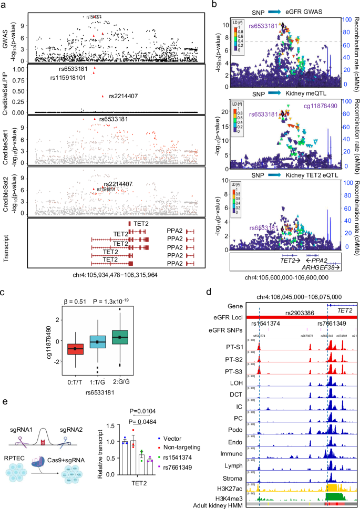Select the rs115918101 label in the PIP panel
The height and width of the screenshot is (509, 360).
[70, 77]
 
